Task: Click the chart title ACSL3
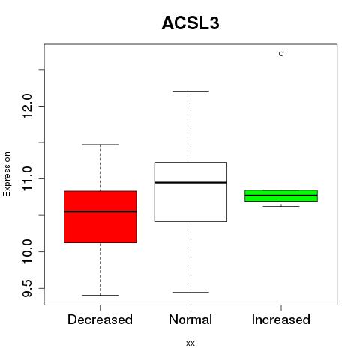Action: tap(190, 23)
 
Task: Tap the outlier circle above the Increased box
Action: tap(281, 54)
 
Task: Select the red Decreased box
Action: tap(100, 217)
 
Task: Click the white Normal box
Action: tap(190, 192)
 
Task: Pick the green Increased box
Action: tap(281, 196)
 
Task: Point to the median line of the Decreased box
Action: tap(100, 211)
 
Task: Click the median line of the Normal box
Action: tap(190, 182)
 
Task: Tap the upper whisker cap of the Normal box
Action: tap(190, 91)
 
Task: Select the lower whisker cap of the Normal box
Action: tap(190, 292)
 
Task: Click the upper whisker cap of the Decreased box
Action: tap(100, 145)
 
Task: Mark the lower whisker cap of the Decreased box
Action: tap(100, 295)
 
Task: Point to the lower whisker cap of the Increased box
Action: tap(281, 206)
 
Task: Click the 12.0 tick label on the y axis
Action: tap(27, 106)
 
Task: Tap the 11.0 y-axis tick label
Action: tap(27, 178)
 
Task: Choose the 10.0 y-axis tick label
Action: tap(27, 251)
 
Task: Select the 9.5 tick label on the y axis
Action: tap(27, 288)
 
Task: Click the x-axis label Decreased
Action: tap(100, 319)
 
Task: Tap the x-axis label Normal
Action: tap(190, 319)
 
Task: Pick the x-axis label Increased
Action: tap(281, 319)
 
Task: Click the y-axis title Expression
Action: tap(7, 174)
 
